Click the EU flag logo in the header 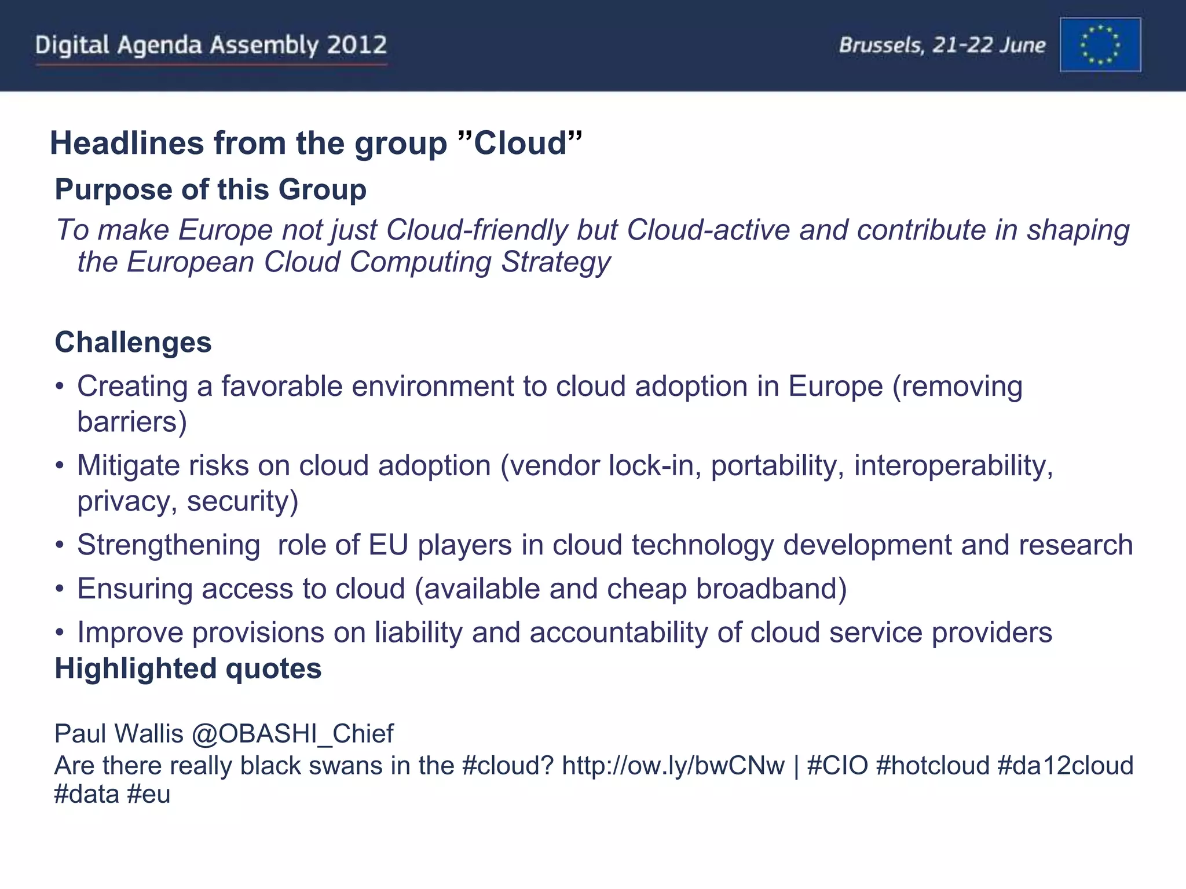[x=1100, y=45]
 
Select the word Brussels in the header [x=881, y=45]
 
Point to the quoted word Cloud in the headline [x=519, y=143]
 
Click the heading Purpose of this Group [x=211, y=189]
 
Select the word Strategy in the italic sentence [x=555, y=262]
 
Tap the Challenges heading [x=133, y=342]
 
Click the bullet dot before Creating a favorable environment [x=59, y=387]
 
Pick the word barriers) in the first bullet [x=132, y=421]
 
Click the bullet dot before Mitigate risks [x=59, y=466]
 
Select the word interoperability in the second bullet [x=953, y=465]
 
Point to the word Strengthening [x=169, y=545]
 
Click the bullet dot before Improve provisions [x=59, y=633]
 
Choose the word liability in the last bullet [x=418, y=632]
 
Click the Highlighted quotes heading [x=188, y=668]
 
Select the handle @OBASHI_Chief [x=292, y=733]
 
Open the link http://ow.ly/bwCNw [x=673, y=765]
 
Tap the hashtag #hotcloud [x=932, y=765]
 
